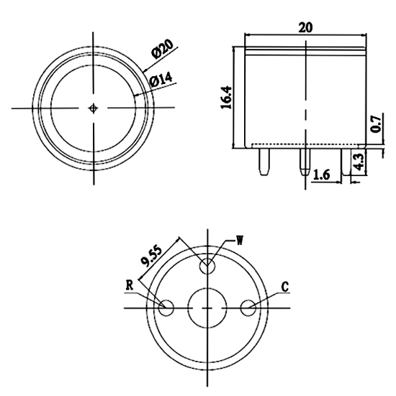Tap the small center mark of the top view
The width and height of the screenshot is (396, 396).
(94, 108)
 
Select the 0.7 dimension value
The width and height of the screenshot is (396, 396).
(374, 124)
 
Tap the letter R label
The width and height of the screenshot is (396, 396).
(130, 285)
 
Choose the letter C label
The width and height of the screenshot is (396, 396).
(285, 287)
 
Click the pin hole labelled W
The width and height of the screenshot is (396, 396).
(208, 265)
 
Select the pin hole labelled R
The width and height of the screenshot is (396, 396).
(166, 308)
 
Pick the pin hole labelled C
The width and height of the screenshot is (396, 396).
(249, 308)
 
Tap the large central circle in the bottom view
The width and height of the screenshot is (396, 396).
(208, 308)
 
